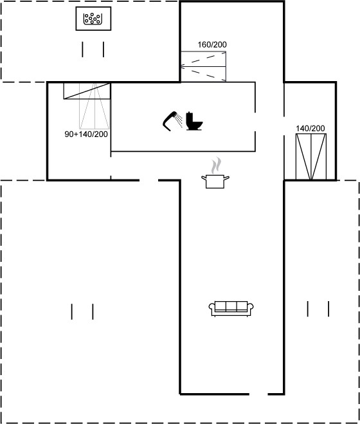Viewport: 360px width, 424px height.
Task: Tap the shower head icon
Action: pyautogui.click(x=170, y=122)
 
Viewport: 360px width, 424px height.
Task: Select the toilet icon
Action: pyautogui.click(x=194, y=121)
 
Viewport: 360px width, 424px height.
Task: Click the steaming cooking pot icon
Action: pyautogui.click(x=215, y=173)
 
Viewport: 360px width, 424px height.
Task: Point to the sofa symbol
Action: pyautogui.click(x=231, y=309)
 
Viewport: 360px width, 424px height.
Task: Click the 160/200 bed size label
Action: pyautogui.click(x=212, y=44)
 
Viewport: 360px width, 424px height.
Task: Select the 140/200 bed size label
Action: pyautogui.click(x=310, y=129)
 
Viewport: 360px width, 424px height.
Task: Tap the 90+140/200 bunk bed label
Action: pyautogui.click(x=86, y=134)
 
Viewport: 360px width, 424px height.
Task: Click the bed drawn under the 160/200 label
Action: pyautogui.click(x=203, y=66)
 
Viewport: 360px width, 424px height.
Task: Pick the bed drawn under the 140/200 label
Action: pyautogui.click(x=311, y=156)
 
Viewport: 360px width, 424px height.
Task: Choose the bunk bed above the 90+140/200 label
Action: pyautogui.click(x=87, y=106)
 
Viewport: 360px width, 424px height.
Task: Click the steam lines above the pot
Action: pyautogui.click(x=215, y=165)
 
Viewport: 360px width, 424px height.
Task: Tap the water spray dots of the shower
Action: pyautogui.click(x=179, y=120)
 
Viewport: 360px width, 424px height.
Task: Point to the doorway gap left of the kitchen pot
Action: pyautogui.click(x=148, y=180)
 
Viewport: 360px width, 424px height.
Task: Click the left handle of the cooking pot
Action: pyautogui.click(x=204, y=178)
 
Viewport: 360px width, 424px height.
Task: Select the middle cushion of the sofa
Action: pyautogui.click(x=231, y=306)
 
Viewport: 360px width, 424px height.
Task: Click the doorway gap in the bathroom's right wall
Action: pyautogui.click(x=255, y=122)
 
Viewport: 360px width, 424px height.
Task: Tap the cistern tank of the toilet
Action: pyautogui.click(x=189, y=118)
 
